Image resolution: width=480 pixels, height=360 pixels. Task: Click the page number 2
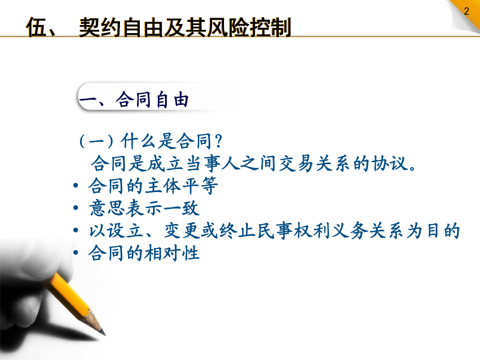pyautogui.click(x=466, y=11)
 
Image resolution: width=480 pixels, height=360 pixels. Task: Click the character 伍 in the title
pyautogui.click(x=36, y=27)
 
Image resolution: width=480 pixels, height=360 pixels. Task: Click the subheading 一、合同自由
pyautogui.click(x=134, y=100)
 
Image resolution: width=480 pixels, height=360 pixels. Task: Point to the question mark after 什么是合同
pyautogui.click(x=218, y=141)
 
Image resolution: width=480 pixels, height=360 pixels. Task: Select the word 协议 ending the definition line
pyautogui.click(x=390, y=163)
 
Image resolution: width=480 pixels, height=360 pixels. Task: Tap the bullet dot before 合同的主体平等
pyautogui.click(x=76, y=186)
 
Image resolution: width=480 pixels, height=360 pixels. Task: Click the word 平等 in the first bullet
pyautogui.click(x=200, y=186)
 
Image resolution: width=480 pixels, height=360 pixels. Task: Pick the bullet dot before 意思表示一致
pyautogui.click(x=76, y=208)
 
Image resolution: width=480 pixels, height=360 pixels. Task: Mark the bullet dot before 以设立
pyautogui.click(x=76, y=230)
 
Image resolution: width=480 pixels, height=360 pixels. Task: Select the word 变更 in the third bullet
pyautogui.click(x=182, y=230)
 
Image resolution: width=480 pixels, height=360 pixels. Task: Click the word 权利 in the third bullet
pyautogui.click(x=311, y=230)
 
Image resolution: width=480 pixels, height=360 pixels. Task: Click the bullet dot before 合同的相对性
pyautogui.click(x=76, y=253)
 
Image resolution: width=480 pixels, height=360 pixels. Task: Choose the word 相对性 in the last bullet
pyautogui.click(x=172, y=253)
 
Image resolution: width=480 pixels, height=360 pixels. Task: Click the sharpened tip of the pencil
pyautogui.click(x=104, y=334)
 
